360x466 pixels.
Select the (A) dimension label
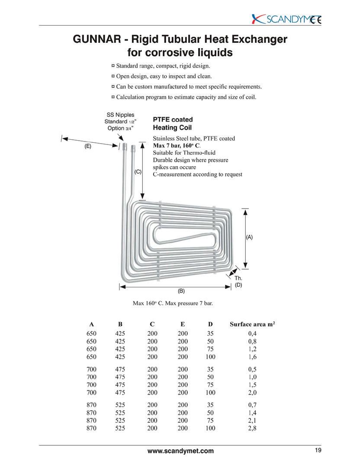point(249,237)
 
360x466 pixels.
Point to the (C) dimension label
point(138,172)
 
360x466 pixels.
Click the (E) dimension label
point(88,147)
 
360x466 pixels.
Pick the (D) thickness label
point(238,285)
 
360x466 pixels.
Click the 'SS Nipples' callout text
point(120,115)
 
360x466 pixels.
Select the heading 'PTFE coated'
point(173,119)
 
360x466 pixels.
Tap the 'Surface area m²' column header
point(252,324)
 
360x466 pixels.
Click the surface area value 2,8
point(252,428)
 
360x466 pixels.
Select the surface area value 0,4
point(252,334)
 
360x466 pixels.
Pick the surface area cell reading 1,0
point(252,377)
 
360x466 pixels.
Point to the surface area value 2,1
point(252,421)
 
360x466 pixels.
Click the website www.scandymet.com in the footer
point(180,451)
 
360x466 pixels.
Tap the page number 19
point(318,450)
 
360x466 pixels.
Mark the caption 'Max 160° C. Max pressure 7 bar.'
point(172,303)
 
